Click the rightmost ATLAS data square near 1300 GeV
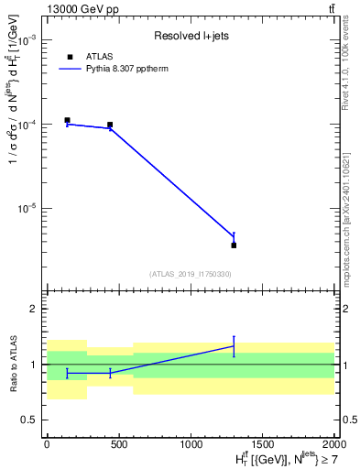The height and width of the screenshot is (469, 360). (234, 245)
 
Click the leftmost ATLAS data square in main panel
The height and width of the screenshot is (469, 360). (67, 120)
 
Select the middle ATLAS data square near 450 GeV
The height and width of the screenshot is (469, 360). (110, 125)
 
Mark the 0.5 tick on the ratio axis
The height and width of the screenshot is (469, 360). (30, 420)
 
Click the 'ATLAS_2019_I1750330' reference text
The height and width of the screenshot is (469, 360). (191, 274)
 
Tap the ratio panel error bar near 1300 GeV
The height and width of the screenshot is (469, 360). (234, 346)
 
